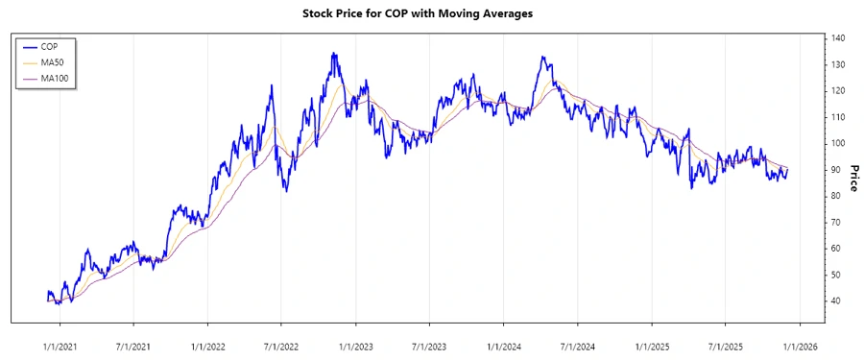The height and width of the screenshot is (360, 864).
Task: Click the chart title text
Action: (431, 13)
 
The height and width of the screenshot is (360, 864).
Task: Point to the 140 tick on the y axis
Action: (839, 37)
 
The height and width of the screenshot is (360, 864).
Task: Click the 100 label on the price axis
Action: (839, 143)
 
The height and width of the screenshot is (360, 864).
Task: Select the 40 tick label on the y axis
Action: (836, 300)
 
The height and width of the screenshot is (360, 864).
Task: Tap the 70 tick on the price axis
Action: (836, 222)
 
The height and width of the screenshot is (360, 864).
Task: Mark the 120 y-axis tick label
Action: (839, 90)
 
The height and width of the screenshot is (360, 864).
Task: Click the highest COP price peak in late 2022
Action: (333, 54)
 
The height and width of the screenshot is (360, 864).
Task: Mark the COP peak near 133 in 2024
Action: (543, 57)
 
